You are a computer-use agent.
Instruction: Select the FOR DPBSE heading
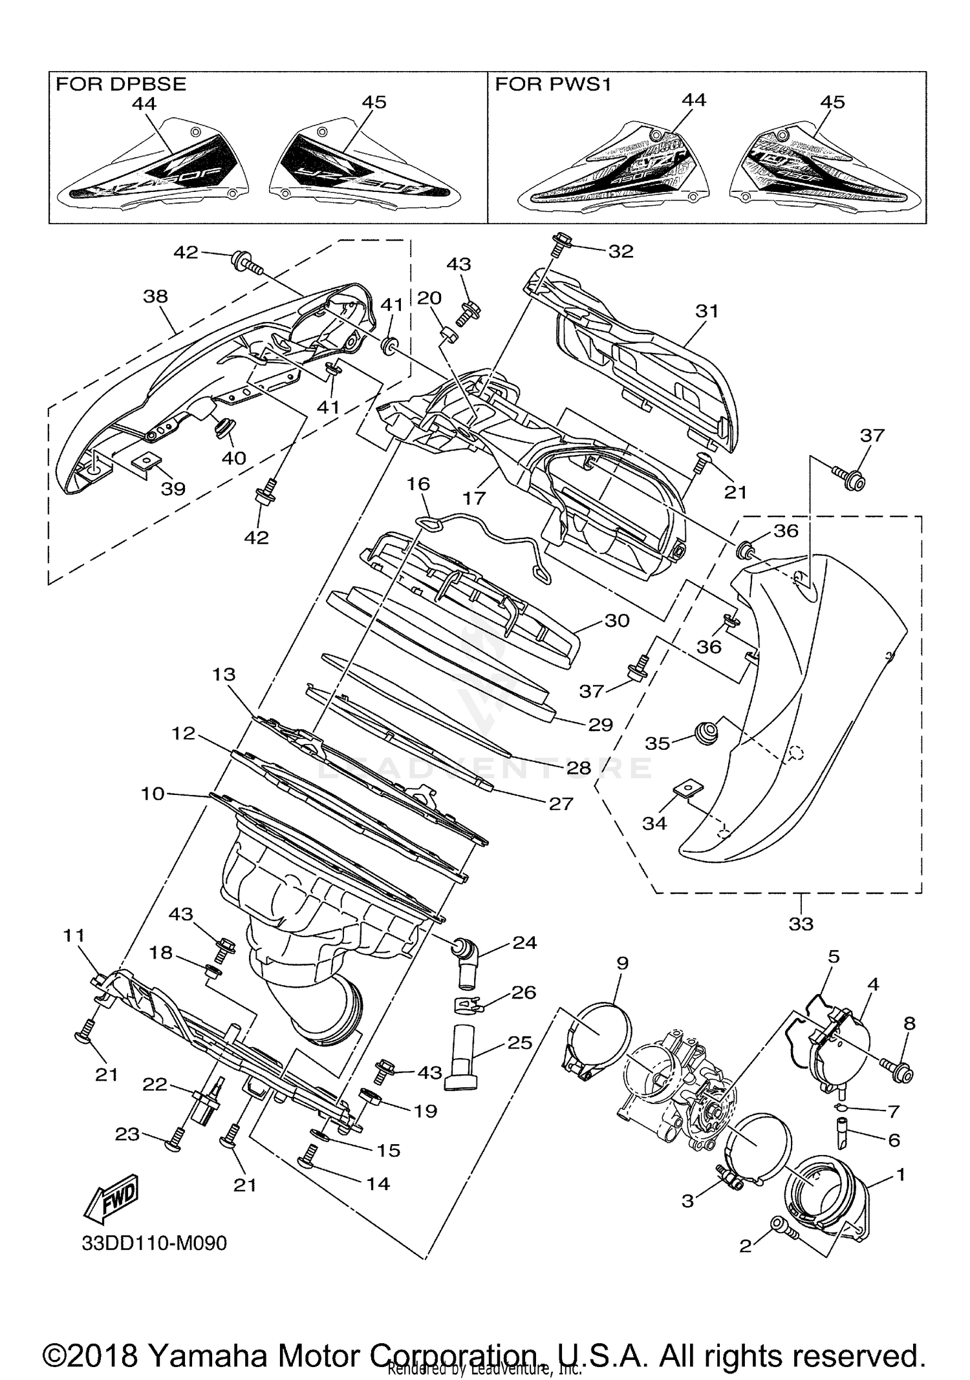click(121, 83)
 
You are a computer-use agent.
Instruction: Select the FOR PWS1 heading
click(553, 83)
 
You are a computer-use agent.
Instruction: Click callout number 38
click(155, 296)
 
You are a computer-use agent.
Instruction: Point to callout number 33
click(801, 924)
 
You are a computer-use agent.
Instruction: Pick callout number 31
click(707, 311)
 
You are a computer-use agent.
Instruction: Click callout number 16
click(418, 484)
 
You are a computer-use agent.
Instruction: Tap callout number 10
click(153, 793)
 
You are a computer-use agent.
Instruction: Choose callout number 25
click(520, 1043)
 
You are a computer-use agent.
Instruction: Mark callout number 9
click(622, 964)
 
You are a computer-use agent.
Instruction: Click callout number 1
click(901, 1174)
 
